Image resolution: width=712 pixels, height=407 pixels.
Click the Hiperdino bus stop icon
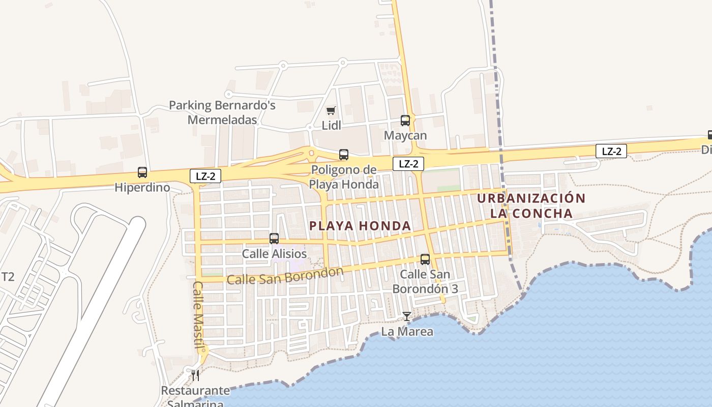coord(142,172)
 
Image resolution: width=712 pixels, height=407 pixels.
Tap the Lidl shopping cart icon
coord(331,110)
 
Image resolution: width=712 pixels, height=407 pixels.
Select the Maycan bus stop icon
coord(405,121)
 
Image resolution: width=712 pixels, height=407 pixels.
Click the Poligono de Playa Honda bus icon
coord(344,155)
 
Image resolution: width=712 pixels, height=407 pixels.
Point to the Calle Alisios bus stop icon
coord(274,239)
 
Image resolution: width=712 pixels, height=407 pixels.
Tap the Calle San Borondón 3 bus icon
coord(425,259)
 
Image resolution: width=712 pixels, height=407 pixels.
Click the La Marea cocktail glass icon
coord(407,316)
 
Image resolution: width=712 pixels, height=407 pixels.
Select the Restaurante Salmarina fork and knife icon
coord(195,375)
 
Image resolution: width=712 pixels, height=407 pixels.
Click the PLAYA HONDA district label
coord(360,226)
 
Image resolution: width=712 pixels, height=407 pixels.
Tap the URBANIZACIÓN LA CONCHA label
coord(531,206)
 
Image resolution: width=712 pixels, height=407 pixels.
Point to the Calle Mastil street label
coord(198,311)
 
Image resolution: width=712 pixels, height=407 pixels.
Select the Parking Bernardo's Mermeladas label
coord(222,112)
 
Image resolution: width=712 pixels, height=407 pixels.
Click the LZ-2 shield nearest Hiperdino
coord(205,177)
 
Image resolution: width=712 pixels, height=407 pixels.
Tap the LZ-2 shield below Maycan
coord(408,164)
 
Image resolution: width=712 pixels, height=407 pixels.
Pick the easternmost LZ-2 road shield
coord(611,151)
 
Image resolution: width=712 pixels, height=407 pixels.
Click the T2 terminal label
coord(8,277)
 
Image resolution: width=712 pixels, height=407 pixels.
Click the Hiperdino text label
coord(142,187)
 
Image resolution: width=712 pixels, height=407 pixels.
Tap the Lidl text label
coord(332,125)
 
